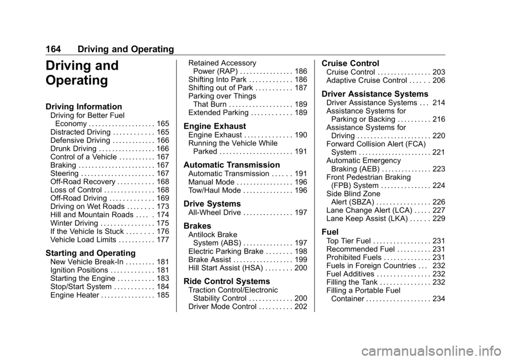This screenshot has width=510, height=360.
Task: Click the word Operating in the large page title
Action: [x=76, y=81]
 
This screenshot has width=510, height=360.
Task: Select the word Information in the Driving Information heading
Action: [x=101, y=107]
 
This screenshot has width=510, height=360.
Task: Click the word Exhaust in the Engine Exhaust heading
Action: [x=229, y=126]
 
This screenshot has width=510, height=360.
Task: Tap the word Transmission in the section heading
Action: [x=254, y=165]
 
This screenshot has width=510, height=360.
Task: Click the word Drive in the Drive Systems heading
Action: [x=194, y=204]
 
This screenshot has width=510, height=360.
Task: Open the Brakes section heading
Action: [x=197, y=226]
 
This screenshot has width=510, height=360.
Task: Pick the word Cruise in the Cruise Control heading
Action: [x=334, y=63]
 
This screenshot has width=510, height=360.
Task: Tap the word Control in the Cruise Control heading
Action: [x=364, y=63]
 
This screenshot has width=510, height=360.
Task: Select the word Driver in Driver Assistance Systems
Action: [x=334, y=95]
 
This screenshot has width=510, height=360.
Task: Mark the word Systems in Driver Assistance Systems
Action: [x=412, y=95]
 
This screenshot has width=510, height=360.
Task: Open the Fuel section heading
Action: [x=330, y=232]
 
